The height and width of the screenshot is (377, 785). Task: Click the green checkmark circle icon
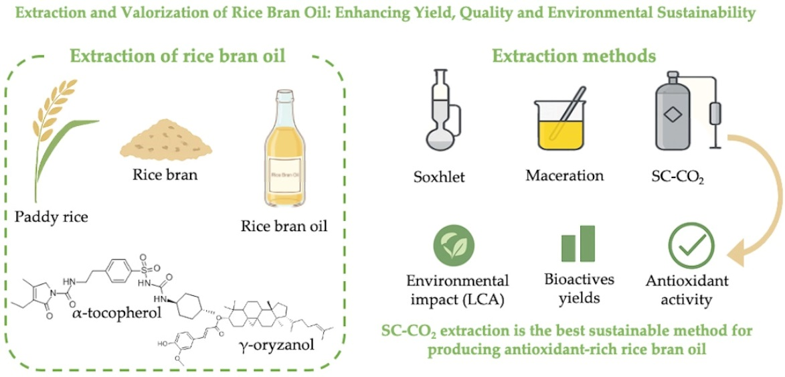[x=691, y=248]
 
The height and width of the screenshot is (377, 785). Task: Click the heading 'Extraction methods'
[x=574, y=57]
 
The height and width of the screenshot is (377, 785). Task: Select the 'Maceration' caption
[x=564, y=176]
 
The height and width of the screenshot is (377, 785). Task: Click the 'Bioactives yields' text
[x=577, y=288]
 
